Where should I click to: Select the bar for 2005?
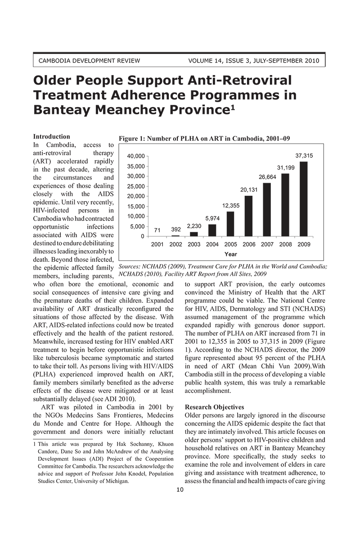(x=230, y=224)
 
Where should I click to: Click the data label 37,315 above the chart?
(x=304, y=155)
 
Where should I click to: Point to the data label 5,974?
(x=212, y=218)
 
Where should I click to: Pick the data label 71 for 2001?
(x=157, y=230)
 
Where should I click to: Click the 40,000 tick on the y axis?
(x=136, y=156)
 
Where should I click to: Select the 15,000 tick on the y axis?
(x=136, y=207)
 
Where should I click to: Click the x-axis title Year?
(x=230, y=253)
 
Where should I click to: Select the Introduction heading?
(x=52, y=136)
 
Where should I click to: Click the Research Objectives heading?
(x=215, y=407)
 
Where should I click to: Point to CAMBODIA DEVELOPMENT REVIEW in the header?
(x=90, y=61)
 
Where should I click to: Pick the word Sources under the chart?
(x=130, y=266)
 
